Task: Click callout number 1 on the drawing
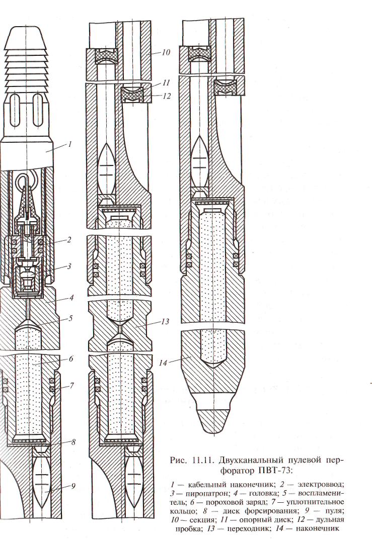pos(70,144)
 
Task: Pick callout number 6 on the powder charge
pos(71,359)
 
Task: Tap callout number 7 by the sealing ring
pos(72,386)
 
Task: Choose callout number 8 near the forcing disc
pos(73,442)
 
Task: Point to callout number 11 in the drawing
pos(167,82)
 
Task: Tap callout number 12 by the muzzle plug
pos(167,96)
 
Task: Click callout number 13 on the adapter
pos(165,322)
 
